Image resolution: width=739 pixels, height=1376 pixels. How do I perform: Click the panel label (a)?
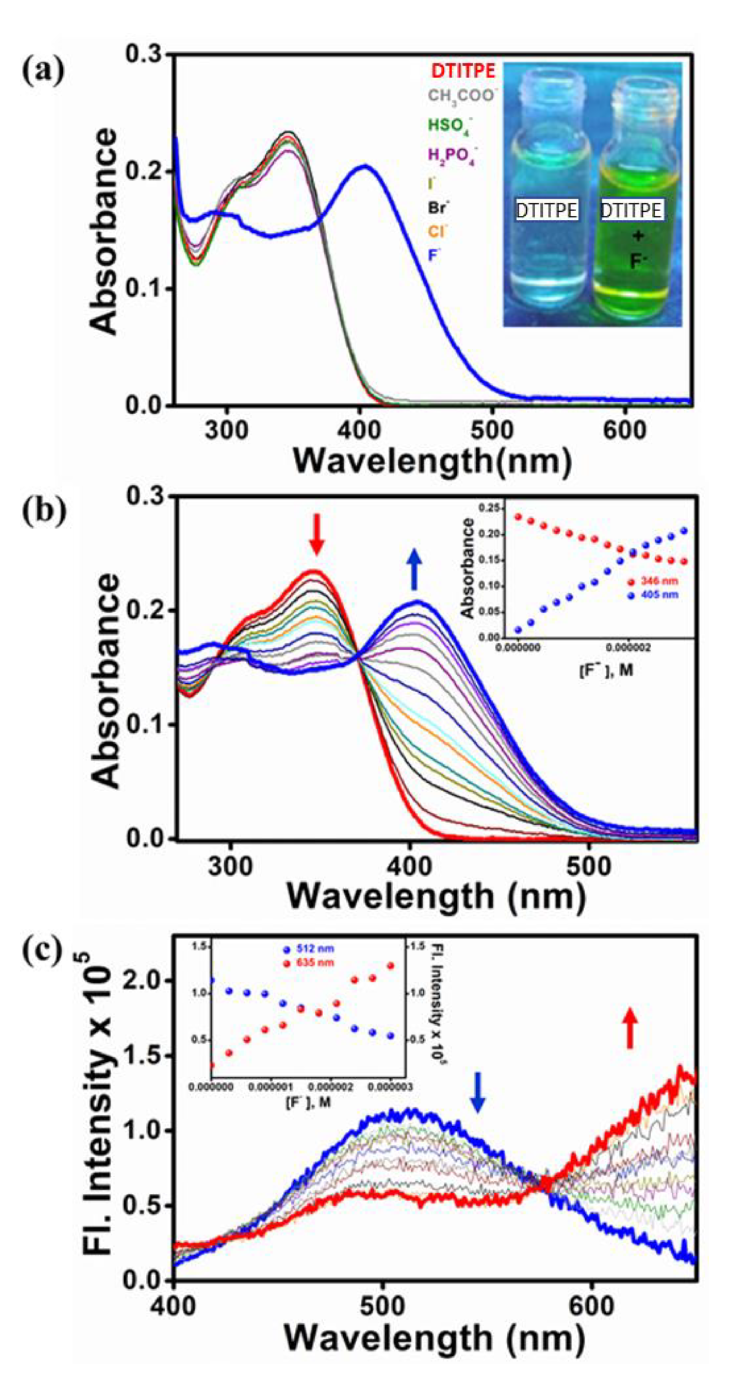(x=43, y=70)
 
